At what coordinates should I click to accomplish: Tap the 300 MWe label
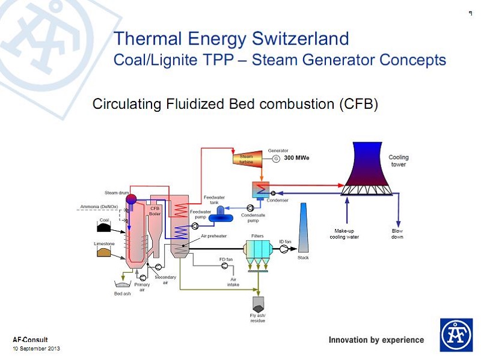point(296,158)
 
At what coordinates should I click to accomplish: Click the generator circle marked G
point(276,159)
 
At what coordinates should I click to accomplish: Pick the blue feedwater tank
point(224,211)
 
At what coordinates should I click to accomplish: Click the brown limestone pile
point(105,252)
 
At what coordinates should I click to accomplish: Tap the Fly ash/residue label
point(257,319)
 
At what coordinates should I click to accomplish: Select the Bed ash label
point(122,293)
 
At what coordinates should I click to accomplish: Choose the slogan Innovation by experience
point(376,340)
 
